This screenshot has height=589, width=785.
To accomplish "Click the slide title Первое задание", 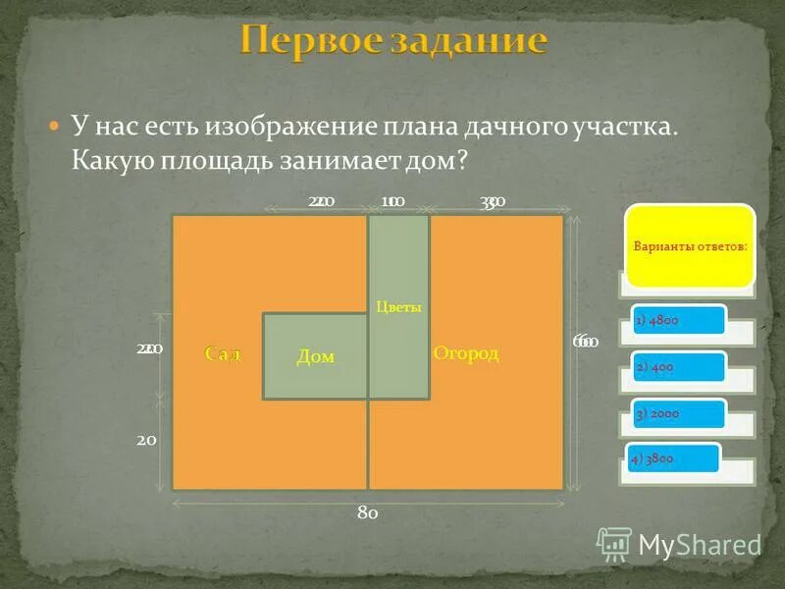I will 392,42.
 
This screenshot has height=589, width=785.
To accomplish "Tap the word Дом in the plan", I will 315,357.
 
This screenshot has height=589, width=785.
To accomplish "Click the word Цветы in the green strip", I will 398,306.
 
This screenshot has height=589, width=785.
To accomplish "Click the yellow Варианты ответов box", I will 691,245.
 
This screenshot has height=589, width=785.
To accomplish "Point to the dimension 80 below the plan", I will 368,512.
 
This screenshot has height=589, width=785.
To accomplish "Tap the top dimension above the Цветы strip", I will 392,202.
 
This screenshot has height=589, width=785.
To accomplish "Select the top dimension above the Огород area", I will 493,202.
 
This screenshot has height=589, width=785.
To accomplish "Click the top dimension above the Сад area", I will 321,202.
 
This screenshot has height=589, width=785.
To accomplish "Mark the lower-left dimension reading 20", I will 146,441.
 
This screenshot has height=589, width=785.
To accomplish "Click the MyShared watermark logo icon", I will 614,543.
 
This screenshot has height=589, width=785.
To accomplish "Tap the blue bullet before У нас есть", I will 55,128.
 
